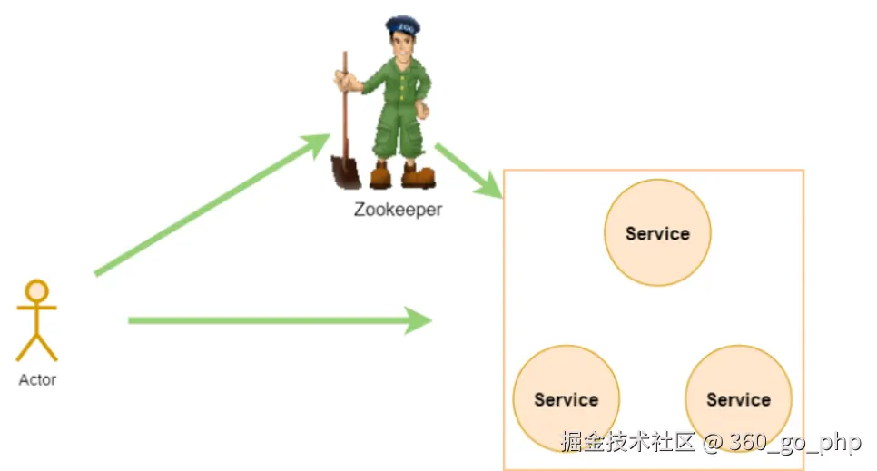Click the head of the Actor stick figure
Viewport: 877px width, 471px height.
[36, 290]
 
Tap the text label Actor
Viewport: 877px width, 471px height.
[37, 379]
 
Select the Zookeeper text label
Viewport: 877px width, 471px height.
[398, 210]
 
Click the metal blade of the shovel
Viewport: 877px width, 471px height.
[345, 171]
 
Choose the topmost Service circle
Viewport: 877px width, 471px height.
[657, 233]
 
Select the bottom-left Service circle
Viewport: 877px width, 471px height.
[566, 399]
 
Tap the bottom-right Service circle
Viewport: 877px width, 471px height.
[738, 399]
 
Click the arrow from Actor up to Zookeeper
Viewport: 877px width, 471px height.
[209, 205]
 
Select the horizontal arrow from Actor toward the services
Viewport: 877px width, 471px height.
[272, 319]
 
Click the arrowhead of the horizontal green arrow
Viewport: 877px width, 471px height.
[419, 319]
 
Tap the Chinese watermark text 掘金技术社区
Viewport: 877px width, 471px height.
[627, 442]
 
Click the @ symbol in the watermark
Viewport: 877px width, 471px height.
[713, 442]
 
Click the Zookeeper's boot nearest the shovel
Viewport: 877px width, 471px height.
[380, 174]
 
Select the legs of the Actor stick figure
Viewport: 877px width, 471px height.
[36, 346]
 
